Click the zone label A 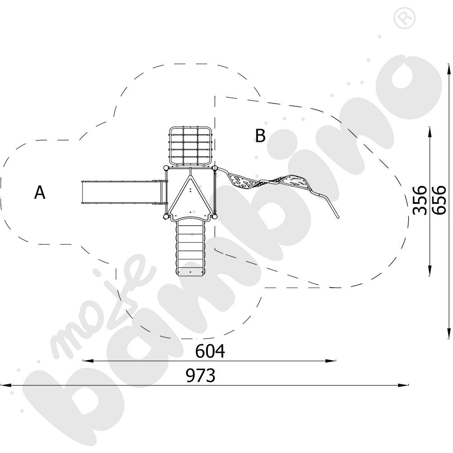[x=39, y=193]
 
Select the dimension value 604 [x=210, y=352]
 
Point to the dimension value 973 [x=201, y=376]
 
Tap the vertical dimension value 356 [x=419, y=200]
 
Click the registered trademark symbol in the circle [x=405, y=18]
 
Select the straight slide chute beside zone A [x=124, y=192]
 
